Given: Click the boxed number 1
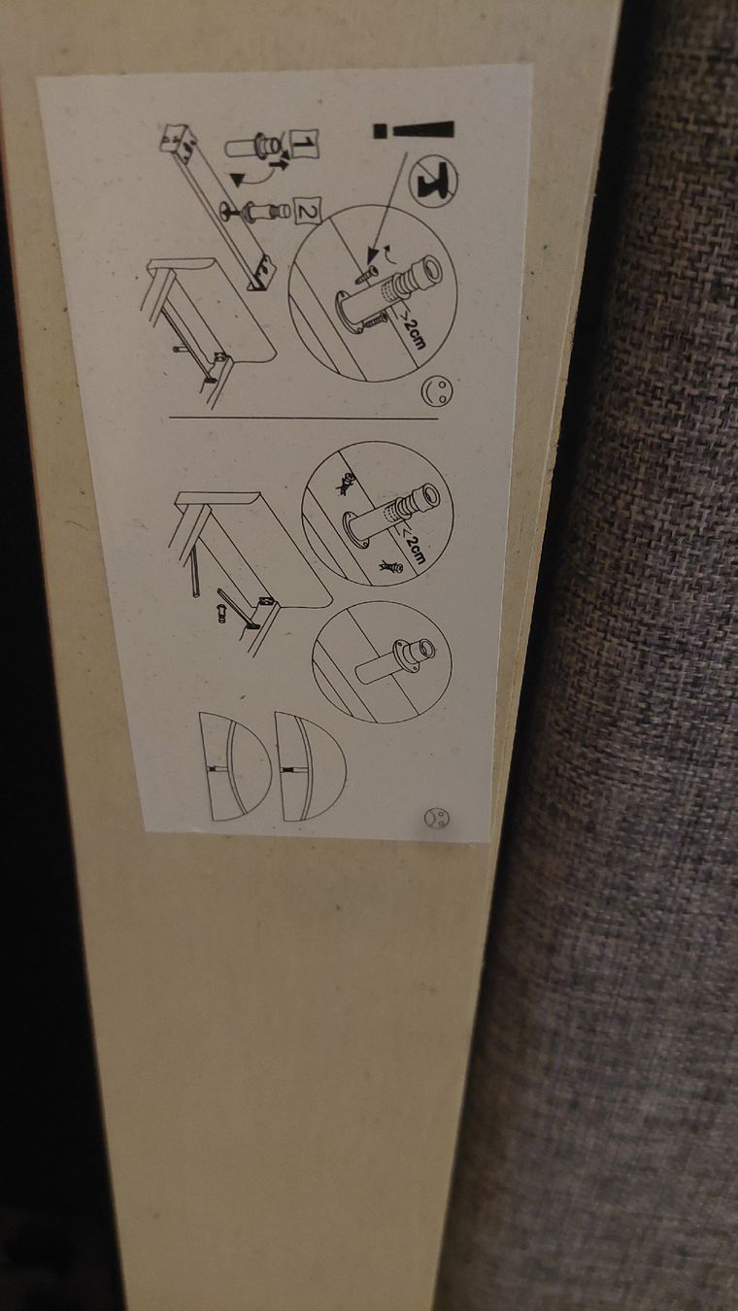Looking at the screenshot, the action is pos(305,144).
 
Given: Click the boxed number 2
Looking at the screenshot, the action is pos(307,211).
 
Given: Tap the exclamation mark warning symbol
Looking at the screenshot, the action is pos(414,130).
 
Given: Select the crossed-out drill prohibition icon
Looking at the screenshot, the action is pos(437,176).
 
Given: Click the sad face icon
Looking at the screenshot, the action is pos(436,818).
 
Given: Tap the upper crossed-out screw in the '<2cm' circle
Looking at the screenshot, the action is pos(345,483).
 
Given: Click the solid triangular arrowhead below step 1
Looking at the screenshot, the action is pos(238,179).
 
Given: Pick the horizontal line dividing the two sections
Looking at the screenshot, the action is pos(303,419).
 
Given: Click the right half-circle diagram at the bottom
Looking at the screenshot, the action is pos(311,766).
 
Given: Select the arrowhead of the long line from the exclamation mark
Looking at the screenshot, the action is pos(371,255).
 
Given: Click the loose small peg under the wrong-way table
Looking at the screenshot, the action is pos(221,615).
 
